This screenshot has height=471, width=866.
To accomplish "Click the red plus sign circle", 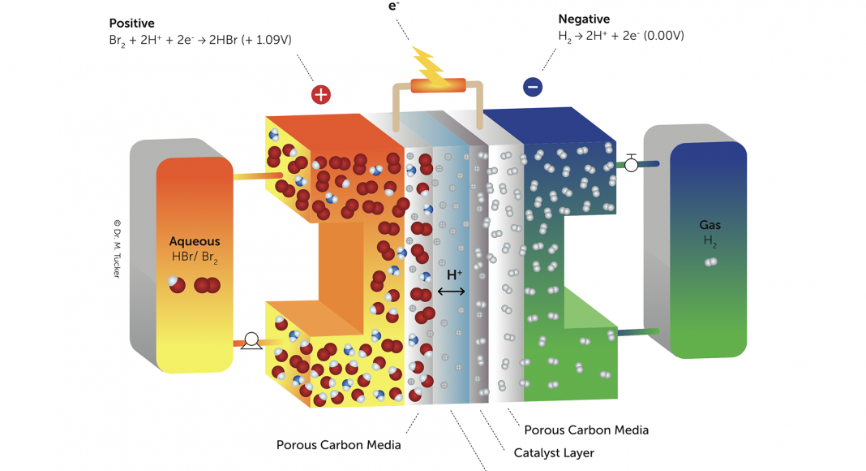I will point(321,94).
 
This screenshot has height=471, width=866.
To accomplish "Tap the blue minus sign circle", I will point(533,86).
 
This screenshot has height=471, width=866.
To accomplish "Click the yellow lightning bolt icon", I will point(429,66).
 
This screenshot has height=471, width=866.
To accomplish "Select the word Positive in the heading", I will point(131,22).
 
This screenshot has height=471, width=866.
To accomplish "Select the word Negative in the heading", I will point(584,19).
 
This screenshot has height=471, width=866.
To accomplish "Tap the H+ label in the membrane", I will point(454,275).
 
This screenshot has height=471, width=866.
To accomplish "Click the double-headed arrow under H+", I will point(452,291).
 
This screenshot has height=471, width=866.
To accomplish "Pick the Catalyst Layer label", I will point(554,453).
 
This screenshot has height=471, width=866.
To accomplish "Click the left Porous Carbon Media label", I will point(338,445).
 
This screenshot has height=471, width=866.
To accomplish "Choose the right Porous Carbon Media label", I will point(585,430).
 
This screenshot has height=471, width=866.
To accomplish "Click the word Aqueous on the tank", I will point(195,241).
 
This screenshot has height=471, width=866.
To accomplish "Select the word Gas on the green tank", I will point(710,225).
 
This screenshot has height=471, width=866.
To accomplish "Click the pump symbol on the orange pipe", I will point(251,342).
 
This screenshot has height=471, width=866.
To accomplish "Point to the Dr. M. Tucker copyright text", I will point(118,248).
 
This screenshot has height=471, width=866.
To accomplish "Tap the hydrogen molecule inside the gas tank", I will point(711,261).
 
